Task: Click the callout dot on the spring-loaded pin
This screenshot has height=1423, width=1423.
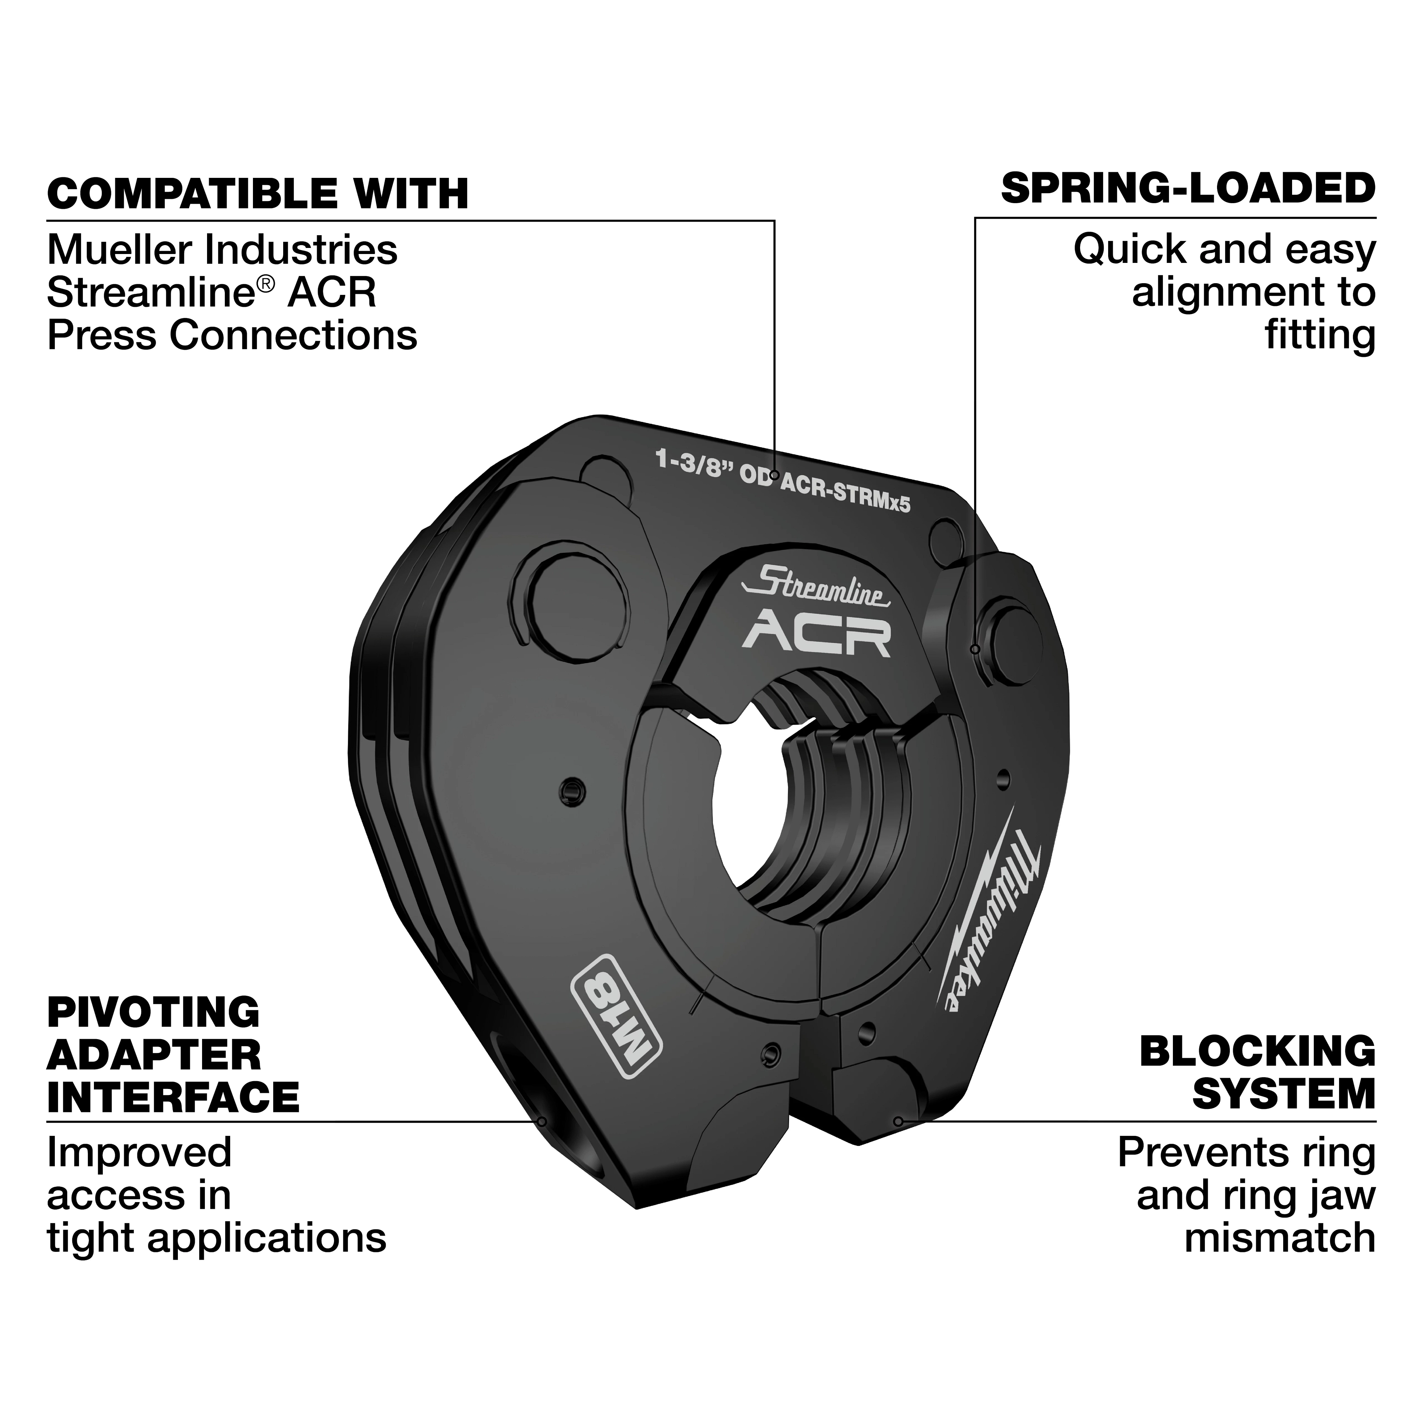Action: (x=975, y=649)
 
